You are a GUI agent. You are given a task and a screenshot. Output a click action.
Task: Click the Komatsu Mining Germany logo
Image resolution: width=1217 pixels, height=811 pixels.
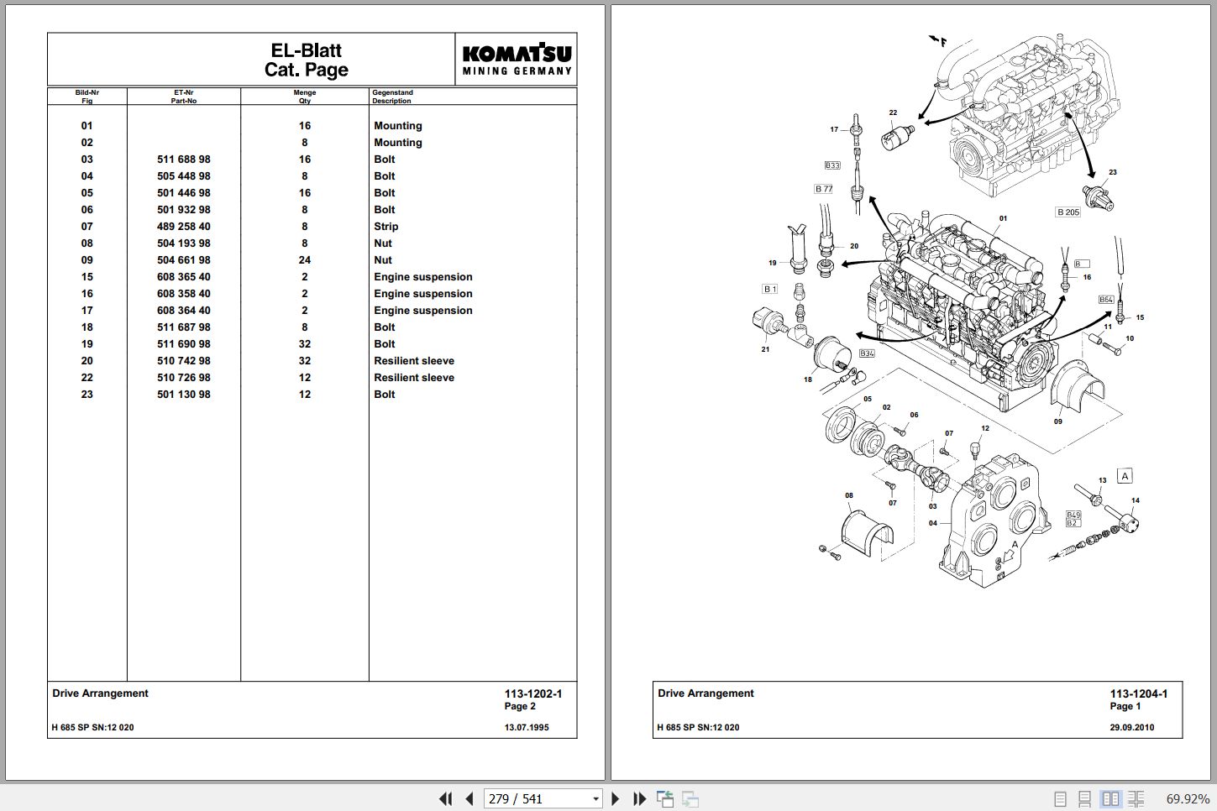tap(517, 59)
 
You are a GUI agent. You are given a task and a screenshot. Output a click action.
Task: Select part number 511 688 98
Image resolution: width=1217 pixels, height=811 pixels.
tap(184, 160)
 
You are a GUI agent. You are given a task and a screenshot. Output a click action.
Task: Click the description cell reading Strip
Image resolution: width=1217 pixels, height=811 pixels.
tap(386, 227)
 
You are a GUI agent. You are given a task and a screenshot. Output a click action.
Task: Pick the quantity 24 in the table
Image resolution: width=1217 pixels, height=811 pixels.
tap(304, 260)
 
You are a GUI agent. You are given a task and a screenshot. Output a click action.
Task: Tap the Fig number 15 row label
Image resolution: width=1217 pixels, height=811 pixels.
tap(87, 277)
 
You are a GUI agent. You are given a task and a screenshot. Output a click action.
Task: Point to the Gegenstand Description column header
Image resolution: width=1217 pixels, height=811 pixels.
tap(392, 97)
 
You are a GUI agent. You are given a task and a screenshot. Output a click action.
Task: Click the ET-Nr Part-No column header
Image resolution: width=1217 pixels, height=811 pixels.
tap(184, 97)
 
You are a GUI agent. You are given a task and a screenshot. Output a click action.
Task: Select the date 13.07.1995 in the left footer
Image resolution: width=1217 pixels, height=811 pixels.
tap(527, 727)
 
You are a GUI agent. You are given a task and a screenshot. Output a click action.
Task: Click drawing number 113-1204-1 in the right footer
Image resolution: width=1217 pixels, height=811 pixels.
tap(1138, 693)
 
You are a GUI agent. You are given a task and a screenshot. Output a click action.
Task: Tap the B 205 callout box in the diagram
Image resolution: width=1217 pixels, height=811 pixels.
tap(1068, 212)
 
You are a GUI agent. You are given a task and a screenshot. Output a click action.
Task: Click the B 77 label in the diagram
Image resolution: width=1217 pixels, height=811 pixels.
tap(824, 189)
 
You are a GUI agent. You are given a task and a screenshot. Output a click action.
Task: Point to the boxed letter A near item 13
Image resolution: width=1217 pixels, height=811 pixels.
tap(1125, 476)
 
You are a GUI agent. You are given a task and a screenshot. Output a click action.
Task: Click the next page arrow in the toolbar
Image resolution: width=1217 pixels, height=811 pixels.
tap(615, 798)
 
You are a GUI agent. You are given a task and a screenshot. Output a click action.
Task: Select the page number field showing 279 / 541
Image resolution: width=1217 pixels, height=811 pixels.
tap(543, 798)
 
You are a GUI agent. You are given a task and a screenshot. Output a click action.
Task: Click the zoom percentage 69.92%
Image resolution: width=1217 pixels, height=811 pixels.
tap(1188, 799)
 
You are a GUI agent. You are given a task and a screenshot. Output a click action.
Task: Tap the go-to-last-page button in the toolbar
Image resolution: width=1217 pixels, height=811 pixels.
tap(639, 798)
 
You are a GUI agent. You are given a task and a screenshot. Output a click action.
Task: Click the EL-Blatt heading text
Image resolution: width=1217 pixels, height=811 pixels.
tap(306, 50)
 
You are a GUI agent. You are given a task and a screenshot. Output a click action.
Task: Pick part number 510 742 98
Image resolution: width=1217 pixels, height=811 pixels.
tap(184, 361)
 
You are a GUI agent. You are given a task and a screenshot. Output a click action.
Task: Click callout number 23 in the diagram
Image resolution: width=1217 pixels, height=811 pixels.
tap(1113, 172)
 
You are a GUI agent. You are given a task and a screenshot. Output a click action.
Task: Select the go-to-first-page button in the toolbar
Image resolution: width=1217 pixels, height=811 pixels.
tap(445, 798)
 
